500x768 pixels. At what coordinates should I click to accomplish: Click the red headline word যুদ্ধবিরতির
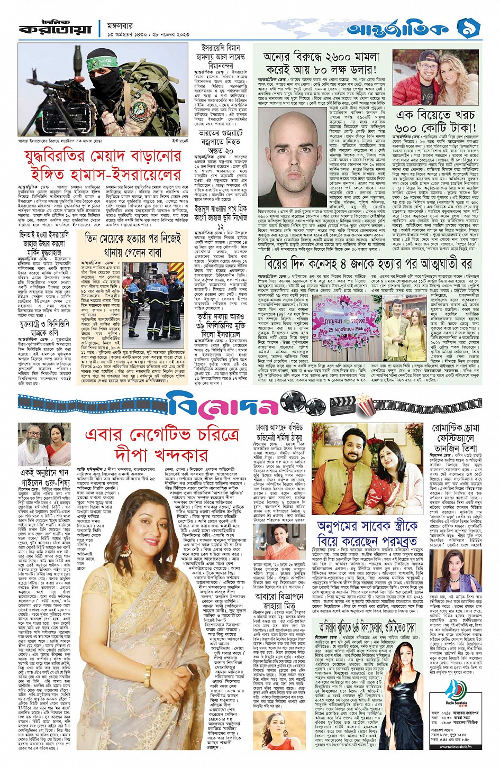tap(66, 158)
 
